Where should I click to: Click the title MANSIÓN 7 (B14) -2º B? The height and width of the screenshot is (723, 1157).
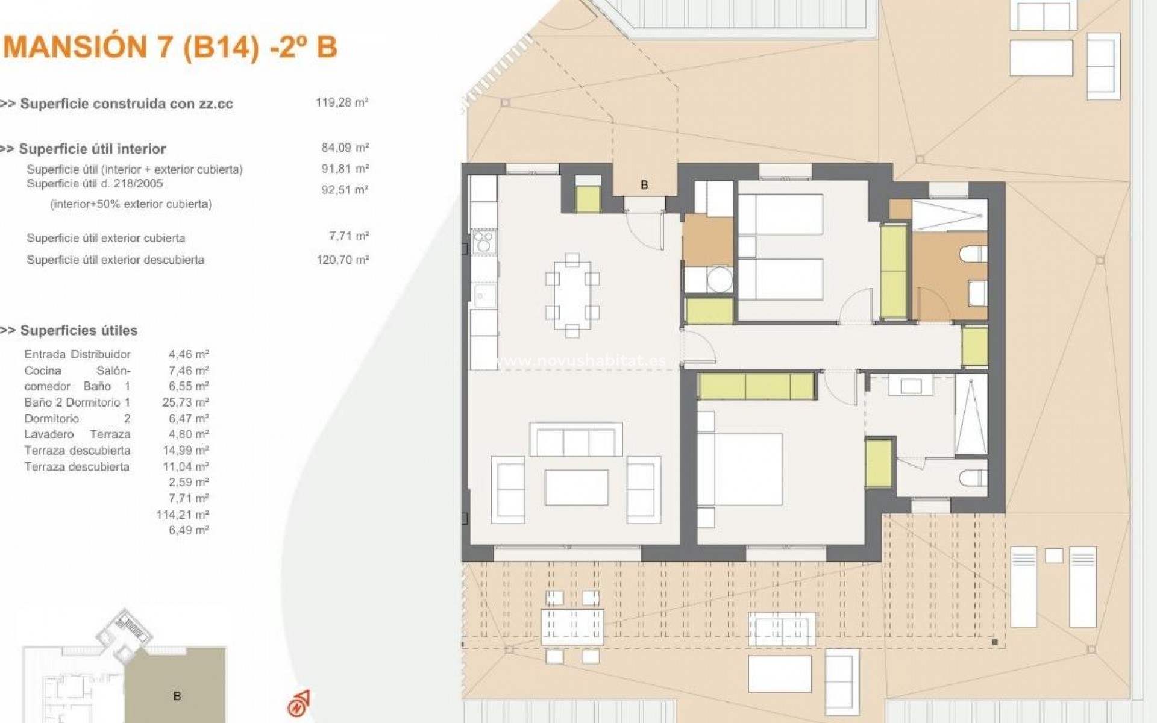pos(171,47)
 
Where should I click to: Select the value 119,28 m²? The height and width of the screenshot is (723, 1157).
pos(342,102)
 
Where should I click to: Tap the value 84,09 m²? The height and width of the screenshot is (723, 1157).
pos(345,148)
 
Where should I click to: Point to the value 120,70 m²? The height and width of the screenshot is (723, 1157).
pos(342,260)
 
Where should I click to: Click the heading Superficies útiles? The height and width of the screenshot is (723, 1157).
pos(78,330)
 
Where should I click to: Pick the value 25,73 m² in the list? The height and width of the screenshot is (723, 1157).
pos(189,402)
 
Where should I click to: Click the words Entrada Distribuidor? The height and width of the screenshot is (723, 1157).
pos(77,354)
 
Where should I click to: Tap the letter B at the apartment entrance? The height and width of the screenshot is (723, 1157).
pos(644,185)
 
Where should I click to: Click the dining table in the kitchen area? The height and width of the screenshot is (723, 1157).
pos(572,295)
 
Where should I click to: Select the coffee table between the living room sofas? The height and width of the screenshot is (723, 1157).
pos(576,487)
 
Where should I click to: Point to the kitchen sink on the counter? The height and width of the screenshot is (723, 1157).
pos(484,296)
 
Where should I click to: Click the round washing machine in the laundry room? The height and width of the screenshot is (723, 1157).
pos(720,280)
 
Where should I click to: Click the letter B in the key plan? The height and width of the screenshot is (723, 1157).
pos(177,696)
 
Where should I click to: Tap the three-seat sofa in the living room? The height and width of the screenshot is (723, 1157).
pos(575,440)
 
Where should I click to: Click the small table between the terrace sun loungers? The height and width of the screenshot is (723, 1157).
pos(1053,555)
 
